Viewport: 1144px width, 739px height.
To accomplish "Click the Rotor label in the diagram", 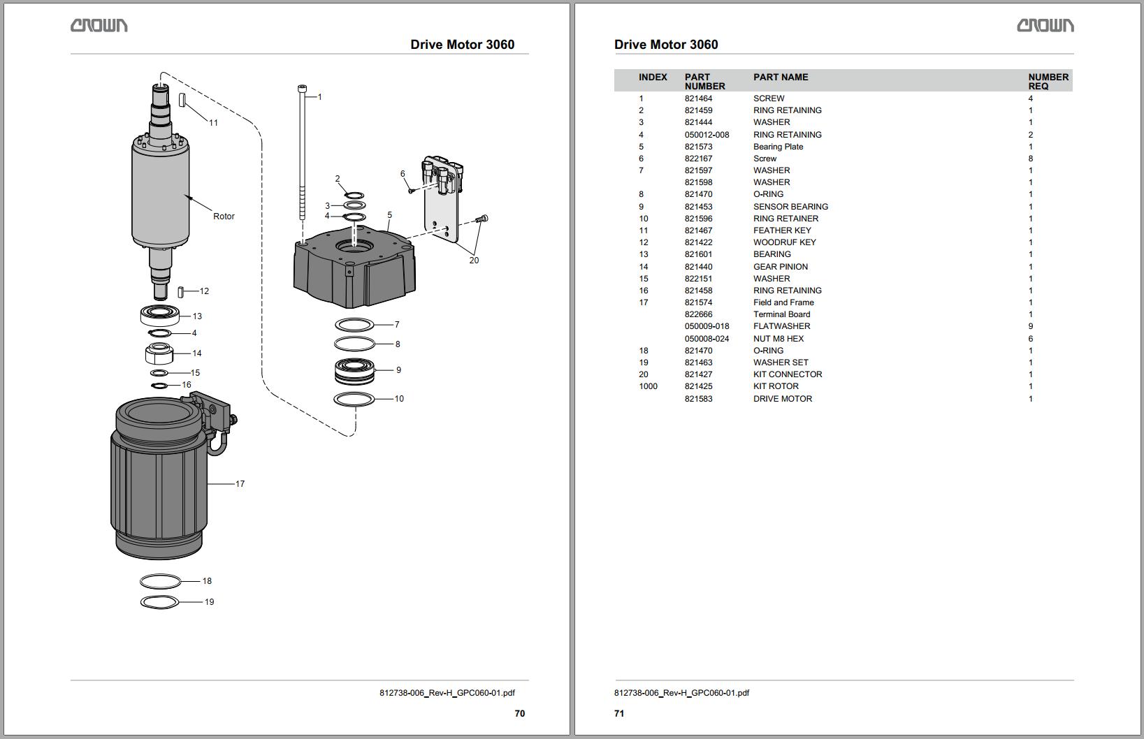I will point(224,217).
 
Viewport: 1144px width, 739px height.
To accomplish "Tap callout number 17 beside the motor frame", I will point(240,483).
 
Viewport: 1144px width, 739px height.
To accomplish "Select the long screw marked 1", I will point(302,154).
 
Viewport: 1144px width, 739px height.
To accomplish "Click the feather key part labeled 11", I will point(182,100).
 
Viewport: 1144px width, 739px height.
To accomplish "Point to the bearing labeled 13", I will point(160,316).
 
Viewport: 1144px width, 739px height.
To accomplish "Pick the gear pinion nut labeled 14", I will point(159,353).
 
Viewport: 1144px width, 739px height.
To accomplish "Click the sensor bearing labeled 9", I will point(354,371).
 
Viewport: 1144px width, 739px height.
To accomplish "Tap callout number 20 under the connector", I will point(474,261).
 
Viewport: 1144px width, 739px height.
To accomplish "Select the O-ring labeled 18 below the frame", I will point(160,581).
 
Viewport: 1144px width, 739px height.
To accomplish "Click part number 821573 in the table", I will point(698,147).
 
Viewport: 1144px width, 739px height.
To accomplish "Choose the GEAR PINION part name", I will point(780,267).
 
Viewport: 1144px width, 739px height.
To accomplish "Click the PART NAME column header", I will point(780,78).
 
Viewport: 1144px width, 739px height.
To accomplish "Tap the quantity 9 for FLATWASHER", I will point(1030,326).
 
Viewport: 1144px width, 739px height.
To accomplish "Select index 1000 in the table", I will point(648,386).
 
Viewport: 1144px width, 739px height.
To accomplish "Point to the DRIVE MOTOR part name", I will point(782,399).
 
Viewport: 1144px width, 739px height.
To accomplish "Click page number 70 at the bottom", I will point(519,713).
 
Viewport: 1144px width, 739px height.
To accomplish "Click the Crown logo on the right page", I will point(1045,26).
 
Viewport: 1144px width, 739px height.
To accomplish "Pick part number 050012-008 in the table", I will point(707,135).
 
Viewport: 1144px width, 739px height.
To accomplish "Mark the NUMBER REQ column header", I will point(1048,81).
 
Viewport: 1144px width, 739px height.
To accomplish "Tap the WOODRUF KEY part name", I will point(784,242).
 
